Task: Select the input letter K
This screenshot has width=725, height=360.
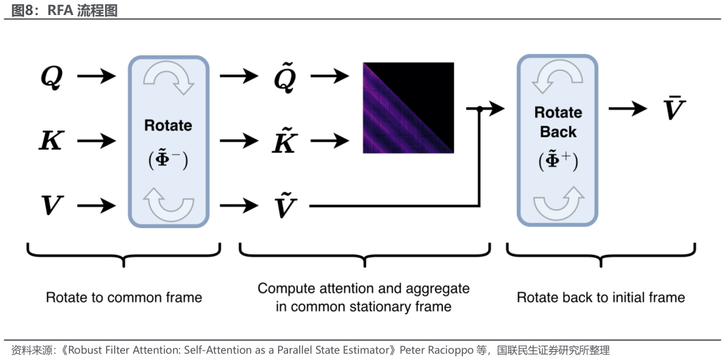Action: click(x=51, y=141)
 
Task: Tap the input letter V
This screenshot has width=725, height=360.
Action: click(x=52, y=205)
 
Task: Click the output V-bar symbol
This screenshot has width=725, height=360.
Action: click(x=673, y=108)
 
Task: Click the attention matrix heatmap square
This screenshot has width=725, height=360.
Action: click(x=408, y=107)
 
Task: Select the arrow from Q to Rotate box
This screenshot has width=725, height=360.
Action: click(x=96, y=76)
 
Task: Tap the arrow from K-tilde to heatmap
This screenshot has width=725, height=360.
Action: click(x=330, y=140)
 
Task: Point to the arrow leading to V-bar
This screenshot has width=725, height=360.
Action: click(x=628, y=109)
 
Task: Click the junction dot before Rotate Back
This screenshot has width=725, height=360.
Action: click(x=479, y=109)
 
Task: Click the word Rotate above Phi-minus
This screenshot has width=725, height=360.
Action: click(x=169, y=126)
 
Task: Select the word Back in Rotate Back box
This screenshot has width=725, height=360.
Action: click(x=558, y=132)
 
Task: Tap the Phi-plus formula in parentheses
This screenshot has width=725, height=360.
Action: click(x=558, y=160)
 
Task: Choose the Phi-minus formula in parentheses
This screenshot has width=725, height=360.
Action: click(x=169, y=159)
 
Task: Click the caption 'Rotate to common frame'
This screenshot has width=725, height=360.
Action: click(x=124, y=297)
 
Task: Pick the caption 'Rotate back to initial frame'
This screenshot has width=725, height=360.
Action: click(x=601, y=297)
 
